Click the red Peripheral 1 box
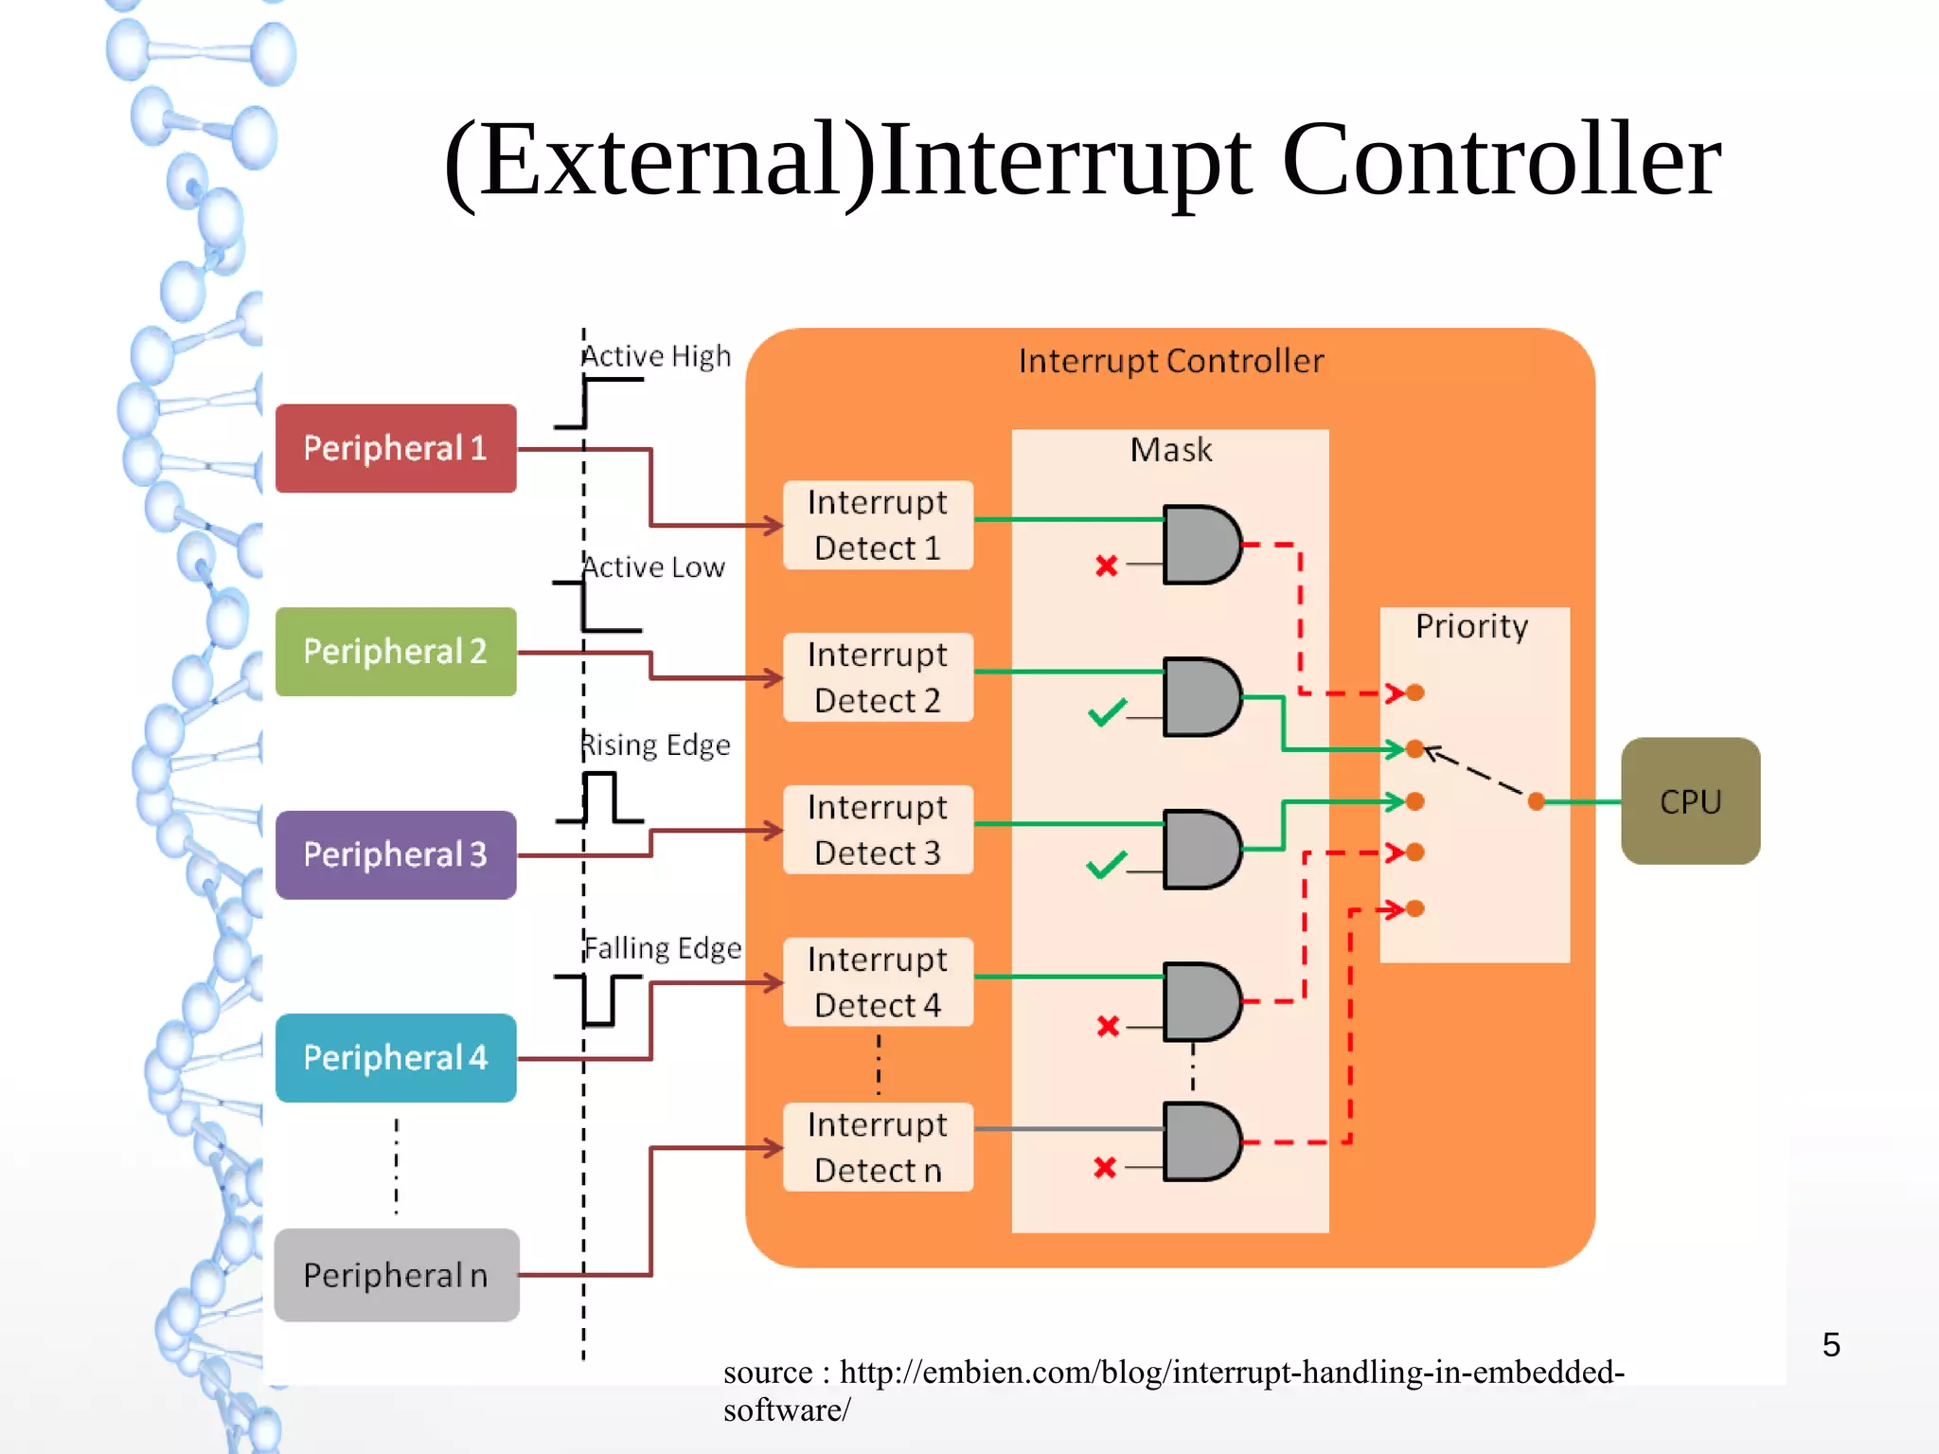[x=395, y=448]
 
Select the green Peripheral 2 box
[x=395, y=652]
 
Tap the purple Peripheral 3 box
[x=395, y=854]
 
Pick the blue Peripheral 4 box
[x=395, y=1057]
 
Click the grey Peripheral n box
[x=395, y=1275]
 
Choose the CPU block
[x=1690, y=801]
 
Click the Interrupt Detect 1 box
[x=878, y=525]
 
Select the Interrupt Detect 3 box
[x=878, y=830]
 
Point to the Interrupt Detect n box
[x=878, y=1147]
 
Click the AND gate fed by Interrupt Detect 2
[x=1201, y=697]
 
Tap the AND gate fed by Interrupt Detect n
[x=1201, y=1141]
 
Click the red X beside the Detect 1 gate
[x=1106, y=566]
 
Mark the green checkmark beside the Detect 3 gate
[x=1106, y=865]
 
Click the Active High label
[x=656, y=356]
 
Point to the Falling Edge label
[x=663, y=947]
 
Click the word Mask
[x=1170, y=449]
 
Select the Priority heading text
[x=1471, y=626]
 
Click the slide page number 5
[x=1831, y=1344]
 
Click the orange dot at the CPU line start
[x=1537, y=802]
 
